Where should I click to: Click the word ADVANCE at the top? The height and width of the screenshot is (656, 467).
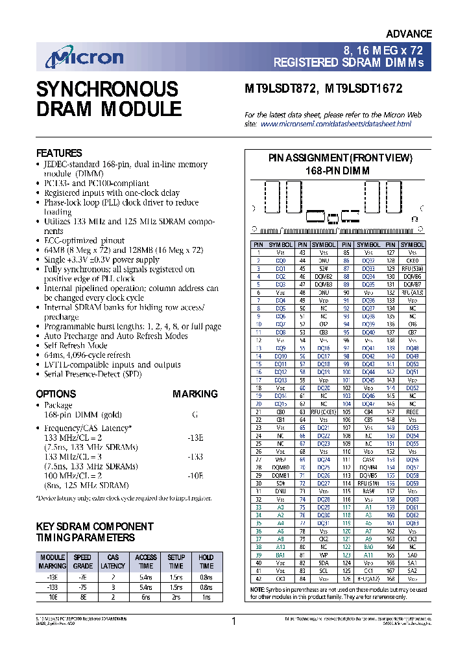point(409,34)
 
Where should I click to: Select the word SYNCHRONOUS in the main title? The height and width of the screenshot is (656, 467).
point(106,89)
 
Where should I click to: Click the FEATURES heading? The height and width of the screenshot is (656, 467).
point(58,153)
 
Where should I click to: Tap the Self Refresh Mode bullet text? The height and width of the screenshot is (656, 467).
point(75,346)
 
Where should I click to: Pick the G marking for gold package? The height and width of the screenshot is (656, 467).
point(195,414)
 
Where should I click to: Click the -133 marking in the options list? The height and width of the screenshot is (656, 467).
point(195,456)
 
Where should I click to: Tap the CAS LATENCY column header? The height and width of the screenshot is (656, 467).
point(113,561)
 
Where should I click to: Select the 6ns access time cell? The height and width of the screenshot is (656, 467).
point(145,596)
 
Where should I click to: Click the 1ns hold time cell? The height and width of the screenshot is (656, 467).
point(206,596)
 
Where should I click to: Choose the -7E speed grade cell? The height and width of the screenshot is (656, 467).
point(82,576)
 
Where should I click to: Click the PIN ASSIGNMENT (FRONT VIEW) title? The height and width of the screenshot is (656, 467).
point(341,158)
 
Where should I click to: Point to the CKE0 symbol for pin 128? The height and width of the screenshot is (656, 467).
point(412,260)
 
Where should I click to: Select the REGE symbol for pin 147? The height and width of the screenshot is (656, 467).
point(412,412)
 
